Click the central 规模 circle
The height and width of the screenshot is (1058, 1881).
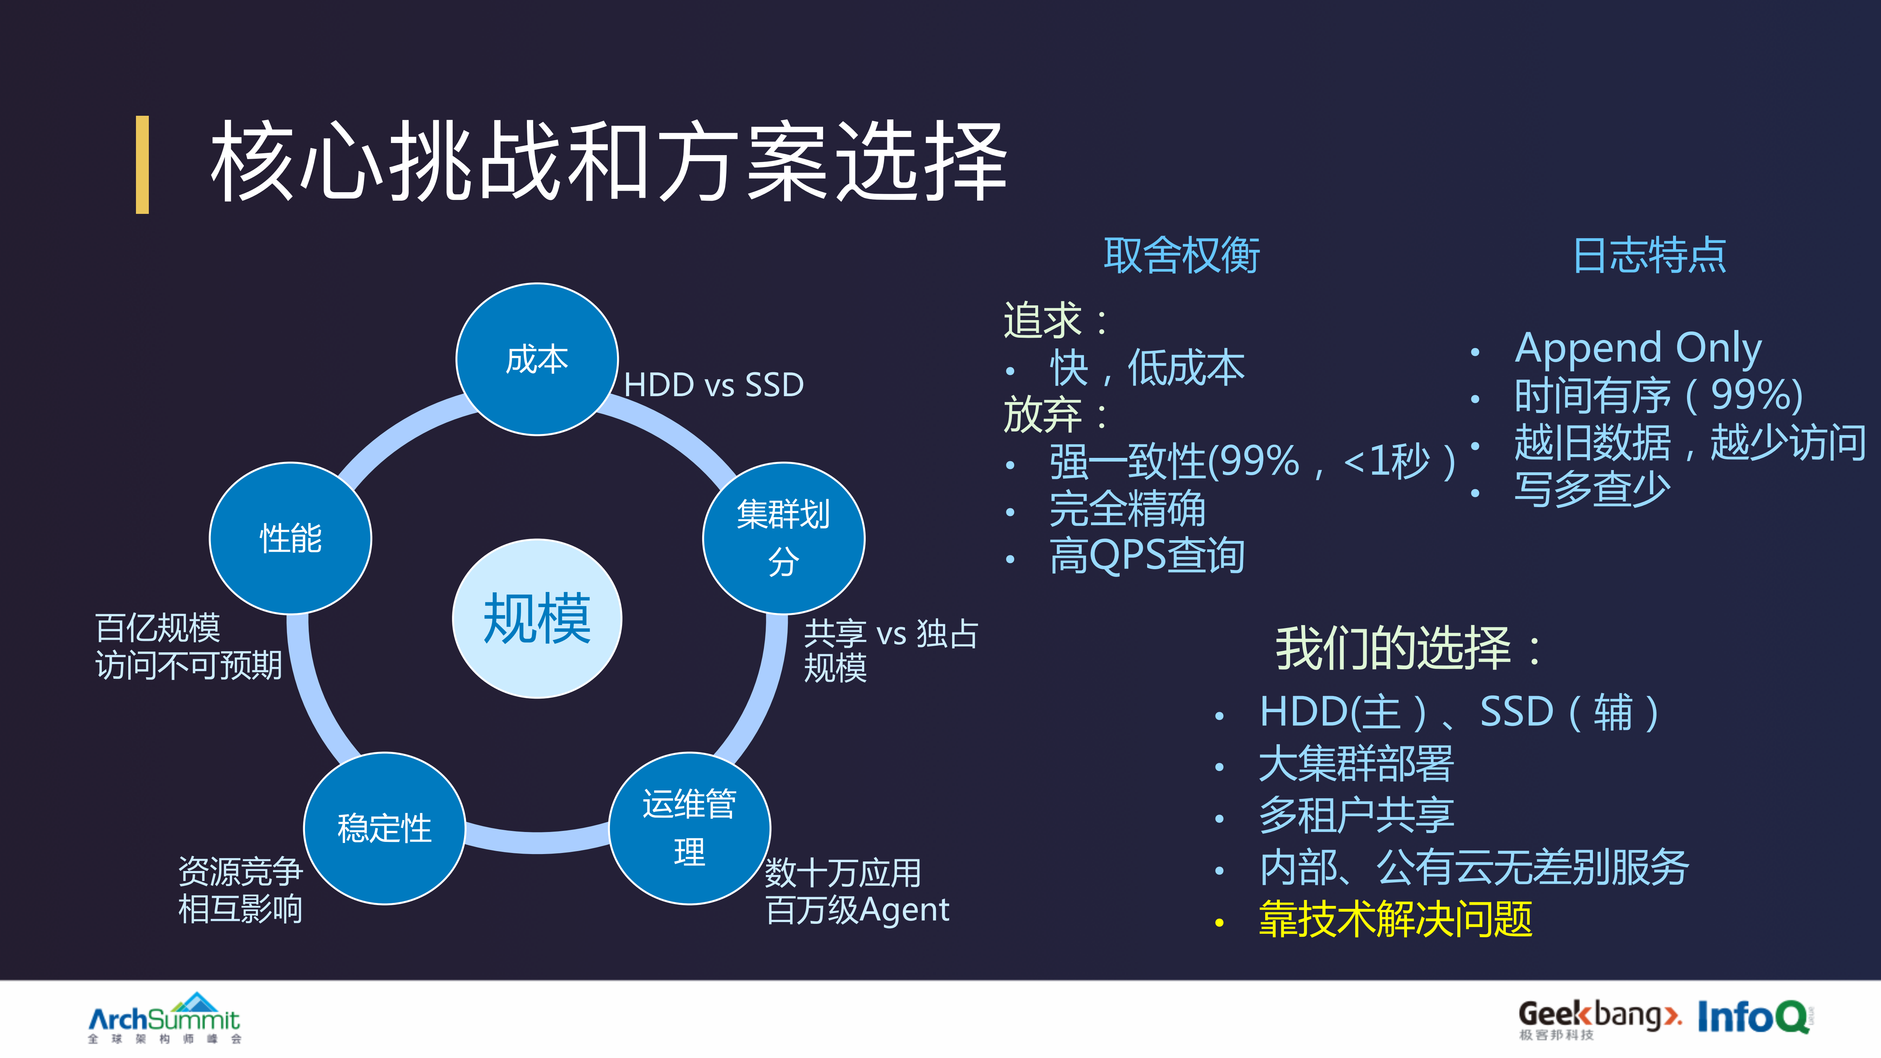(537, 618)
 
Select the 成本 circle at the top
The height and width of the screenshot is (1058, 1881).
(537, 359)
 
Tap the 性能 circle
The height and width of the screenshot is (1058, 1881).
(291, 538)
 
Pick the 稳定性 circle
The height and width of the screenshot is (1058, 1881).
(384, 828)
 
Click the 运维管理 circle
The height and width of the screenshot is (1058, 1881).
(689, 828)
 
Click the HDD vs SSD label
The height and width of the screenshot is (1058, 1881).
(713, 385)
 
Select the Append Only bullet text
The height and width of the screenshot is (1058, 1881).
(1638, 348)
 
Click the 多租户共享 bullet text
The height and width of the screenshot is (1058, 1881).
(1356, 815)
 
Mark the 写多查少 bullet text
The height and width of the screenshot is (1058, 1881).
(1592, 489)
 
